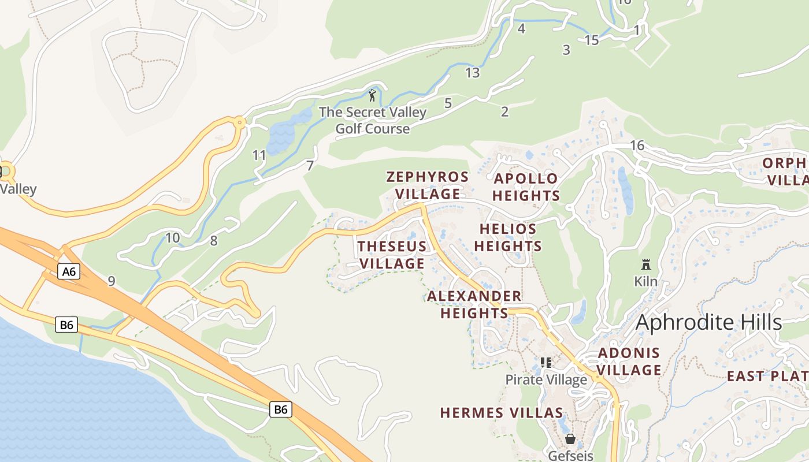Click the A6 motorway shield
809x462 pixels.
pos(68,271)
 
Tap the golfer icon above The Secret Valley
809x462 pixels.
pos(372,95)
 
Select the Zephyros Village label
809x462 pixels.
pos(427,185)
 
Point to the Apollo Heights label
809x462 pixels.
pos(526,187)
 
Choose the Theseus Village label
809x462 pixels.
pos(392,255)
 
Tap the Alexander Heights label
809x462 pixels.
pos(474,305)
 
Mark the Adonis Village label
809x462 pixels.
pos(629,362)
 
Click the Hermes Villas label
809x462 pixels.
pos(501,413)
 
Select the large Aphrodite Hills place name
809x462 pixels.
pos(708,323)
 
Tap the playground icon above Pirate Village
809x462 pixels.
pos(545,363)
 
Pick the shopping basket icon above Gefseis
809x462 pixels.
pos(570,439)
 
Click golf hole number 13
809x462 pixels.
pos(472,73)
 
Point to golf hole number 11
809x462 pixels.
pos(259,155)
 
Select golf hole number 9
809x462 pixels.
pos(111,281)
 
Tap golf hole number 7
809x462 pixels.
pos(310,166)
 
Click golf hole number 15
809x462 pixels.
pos(592,40)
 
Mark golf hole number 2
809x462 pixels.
pos(504,112)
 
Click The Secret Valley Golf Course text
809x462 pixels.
pos(373,120)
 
